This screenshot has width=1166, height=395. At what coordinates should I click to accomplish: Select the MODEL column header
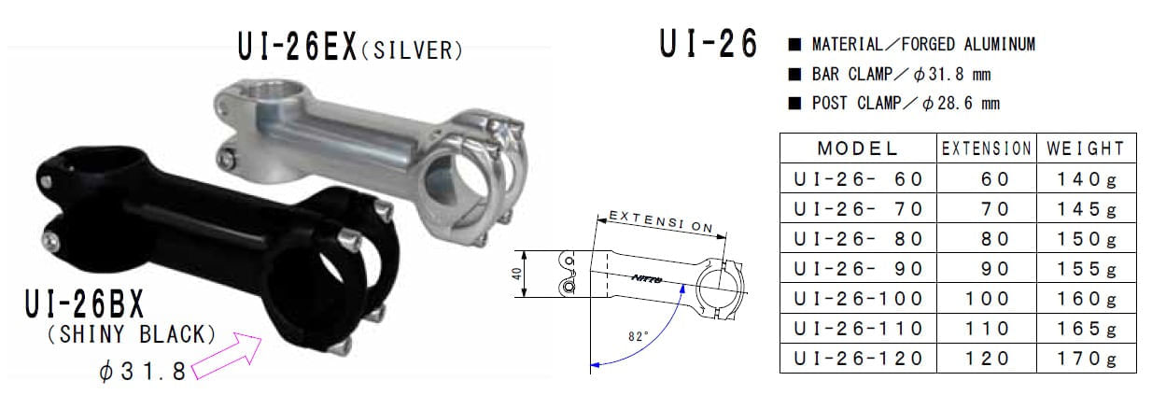coord(857,148)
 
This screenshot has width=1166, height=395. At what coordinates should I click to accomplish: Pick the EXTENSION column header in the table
coord(987,148)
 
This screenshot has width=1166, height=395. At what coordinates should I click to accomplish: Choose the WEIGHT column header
coord(1086,148)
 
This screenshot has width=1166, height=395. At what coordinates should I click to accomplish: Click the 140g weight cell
coord(1086,178)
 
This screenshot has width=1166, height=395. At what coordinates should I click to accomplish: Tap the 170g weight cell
coord(1086,358)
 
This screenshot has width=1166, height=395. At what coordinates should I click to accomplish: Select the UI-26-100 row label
coord(857,298)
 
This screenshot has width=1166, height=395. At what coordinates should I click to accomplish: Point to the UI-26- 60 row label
coord(857,178)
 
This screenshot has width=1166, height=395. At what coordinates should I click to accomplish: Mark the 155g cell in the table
coord(1086,268)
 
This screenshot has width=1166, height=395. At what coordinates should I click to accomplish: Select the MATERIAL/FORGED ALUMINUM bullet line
coord(911,45)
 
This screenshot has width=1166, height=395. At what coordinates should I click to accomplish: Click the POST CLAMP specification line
coord(893,104)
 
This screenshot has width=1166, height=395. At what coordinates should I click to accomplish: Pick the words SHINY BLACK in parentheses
coord(131,334)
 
